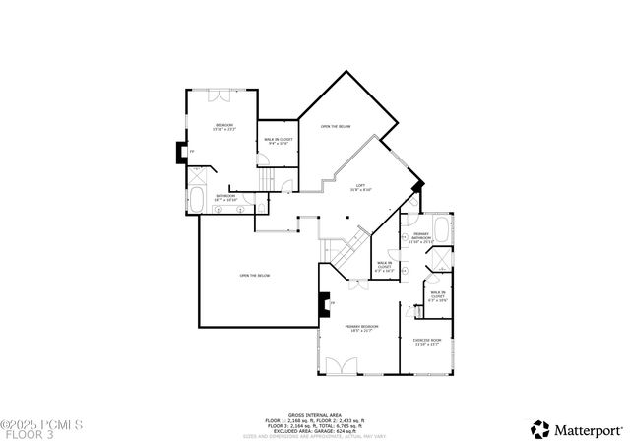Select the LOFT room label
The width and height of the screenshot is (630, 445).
tap(361, 187)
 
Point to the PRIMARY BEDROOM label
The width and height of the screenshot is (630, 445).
tap(361, 328)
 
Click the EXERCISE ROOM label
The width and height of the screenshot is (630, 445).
tap(428, 343)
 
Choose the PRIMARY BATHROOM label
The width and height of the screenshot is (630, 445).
tap(421, 237)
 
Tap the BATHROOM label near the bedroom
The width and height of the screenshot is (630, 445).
tap(226, 198)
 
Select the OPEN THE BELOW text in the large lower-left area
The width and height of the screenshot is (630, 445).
tap(254, 276)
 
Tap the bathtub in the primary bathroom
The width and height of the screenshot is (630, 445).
tap(443, 233)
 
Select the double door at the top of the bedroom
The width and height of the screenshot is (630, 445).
tap(217, 96)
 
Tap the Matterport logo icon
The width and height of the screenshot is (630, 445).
tap(540, 429)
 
